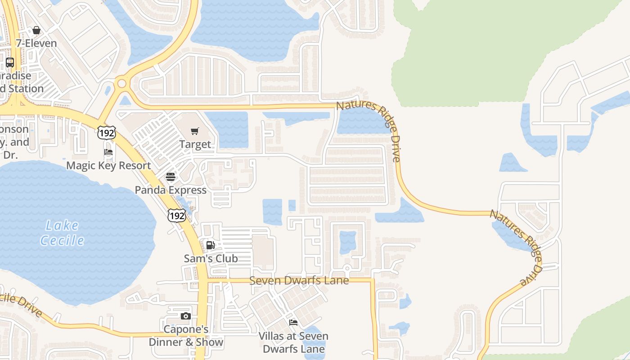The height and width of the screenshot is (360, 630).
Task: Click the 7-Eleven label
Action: pyautogui.click(x=36, y=43)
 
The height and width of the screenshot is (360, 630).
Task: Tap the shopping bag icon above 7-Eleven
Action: pyautogui.click(x=36, y=30)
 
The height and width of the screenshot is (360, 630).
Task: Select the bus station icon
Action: pyautogui.click(x=10, y=63)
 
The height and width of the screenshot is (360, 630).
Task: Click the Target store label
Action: pyautogui.click(x=195, y=144)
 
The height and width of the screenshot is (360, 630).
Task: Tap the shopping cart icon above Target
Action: pyautogui.click(x=195, y=131)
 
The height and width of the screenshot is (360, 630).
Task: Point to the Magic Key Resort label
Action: pyautogui.click(x=108, y=166)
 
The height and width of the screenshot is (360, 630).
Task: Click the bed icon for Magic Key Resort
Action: pyautogui.click(x=108, y=152)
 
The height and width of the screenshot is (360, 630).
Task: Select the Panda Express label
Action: pyautogui.click(x=171, y=190)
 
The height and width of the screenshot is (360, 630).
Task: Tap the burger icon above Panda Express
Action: pyautogui.click(x=171, y=176)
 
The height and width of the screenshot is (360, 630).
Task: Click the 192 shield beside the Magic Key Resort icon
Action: pyautogui.click(x=106, y=132)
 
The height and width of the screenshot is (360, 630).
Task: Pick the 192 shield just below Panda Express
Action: pyautogui.click(x=176, y=216)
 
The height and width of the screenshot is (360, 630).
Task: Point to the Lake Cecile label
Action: pyautogui.click(x=63, y=233)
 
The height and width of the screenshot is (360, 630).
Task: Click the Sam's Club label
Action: pyautogui.click(x=211, y=258)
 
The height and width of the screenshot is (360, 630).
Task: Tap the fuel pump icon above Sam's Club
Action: pyautogui.click(x=210, y=245)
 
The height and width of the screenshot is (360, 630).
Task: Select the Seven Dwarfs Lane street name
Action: pyautogui.click(x=299, y=280)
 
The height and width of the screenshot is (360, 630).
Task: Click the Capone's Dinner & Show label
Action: pyautogui.click(x=186, y=336)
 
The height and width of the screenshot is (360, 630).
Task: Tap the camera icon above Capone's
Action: pyautogui.click(x=186, y=316)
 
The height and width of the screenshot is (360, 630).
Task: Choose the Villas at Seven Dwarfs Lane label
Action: pyautogui.click(x=293, y=342)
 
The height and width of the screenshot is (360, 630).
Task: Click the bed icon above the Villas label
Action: pyautogui.click(x=293, y=323)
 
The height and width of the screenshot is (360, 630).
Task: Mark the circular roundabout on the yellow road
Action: pyautogui.click(x=121, y=83)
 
